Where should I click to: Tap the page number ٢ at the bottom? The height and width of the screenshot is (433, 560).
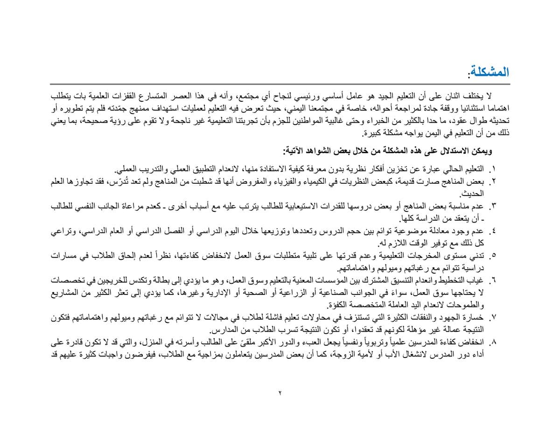pos(280,394)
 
